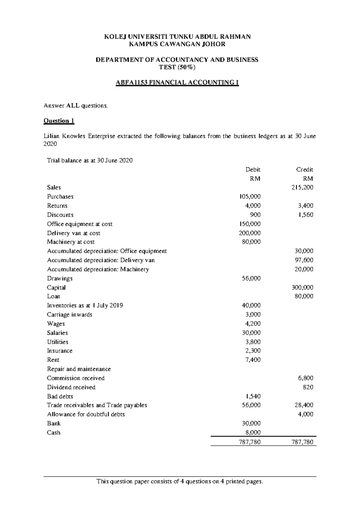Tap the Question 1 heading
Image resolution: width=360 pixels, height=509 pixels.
coord(59,121)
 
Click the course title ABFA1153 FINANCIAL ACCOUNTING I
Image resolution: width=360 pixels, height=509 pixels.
coord(177,82)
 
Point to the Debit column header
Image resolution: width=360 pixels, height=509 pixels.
coord(253,169)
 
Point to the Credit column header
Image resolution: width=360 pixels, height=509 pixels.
coord(304,169)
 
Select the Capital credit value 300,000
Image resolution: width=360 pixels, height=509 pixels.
coord(302,288)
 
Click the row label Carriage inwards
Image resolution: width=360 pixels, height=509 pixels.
coord(70,315)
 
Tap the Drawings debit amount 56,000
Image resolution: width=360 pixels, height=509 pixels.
coord(251,278)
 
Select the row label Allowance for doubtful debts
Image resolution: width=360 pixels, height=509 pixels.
coord(86,414)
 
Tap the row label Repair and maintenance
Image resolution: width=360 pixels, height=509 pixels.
coord(79,369)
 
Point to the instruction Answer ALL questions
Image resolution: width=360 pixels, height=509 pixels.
coord(75,106)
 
